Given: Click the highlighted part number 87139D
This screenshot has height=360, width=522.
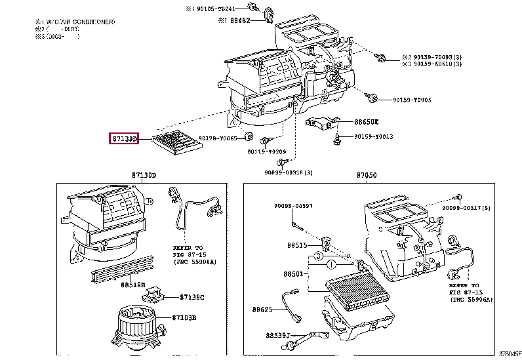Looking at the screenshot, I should point(123,138).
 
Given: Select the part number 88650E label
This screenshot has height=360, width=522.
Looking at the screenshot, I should point(367,122).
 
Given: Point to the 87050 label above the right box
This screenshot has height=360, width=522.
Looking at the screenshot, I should point(367,175).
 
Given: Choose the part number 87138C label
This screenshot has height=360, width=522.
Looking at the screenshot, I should point(193,297).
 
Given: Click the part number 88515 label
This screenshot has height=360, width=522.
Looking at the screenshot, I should point(296,245).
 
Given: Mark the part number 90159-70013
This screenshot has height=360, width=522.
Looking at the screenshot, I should point(374,136).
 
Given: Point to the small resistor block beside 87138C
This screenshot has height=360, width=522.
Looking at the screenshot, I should point(157,292).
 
